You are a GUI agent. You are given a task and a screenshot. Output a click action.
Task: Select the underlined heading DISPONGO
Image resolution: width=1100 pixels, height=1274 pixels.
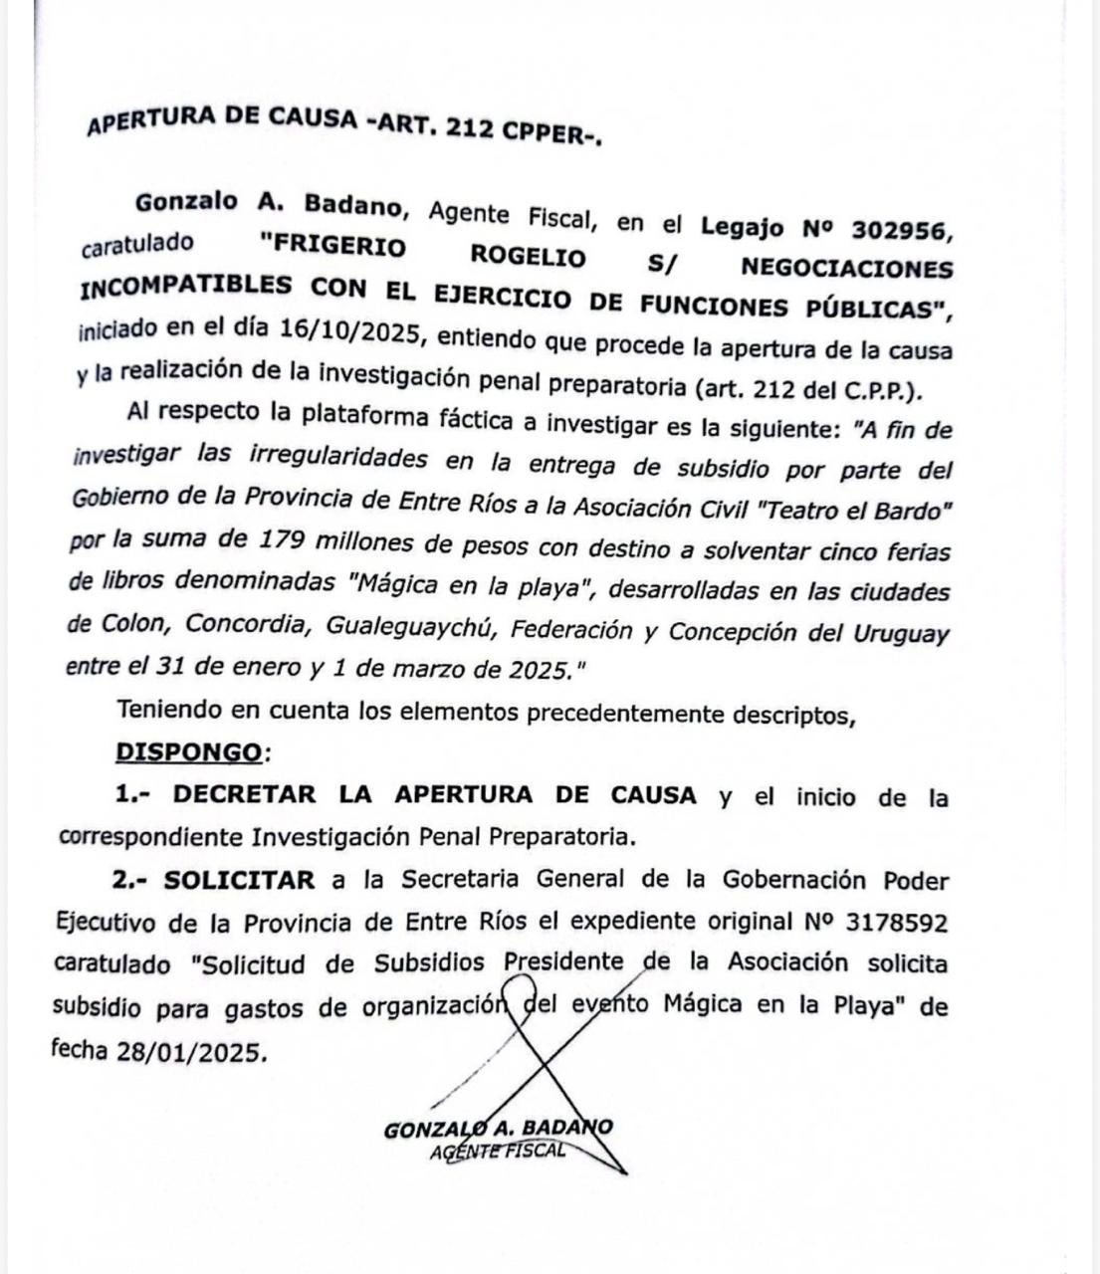[190, 752]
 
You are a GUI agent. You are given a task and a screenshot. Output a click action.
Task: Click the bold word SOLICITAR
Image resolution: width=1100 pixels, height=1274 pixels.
[240, 880]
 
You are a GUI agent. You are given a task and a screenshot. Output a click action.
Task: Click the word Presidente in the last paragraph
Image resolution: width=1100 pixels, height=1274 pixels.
[562, 963]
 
